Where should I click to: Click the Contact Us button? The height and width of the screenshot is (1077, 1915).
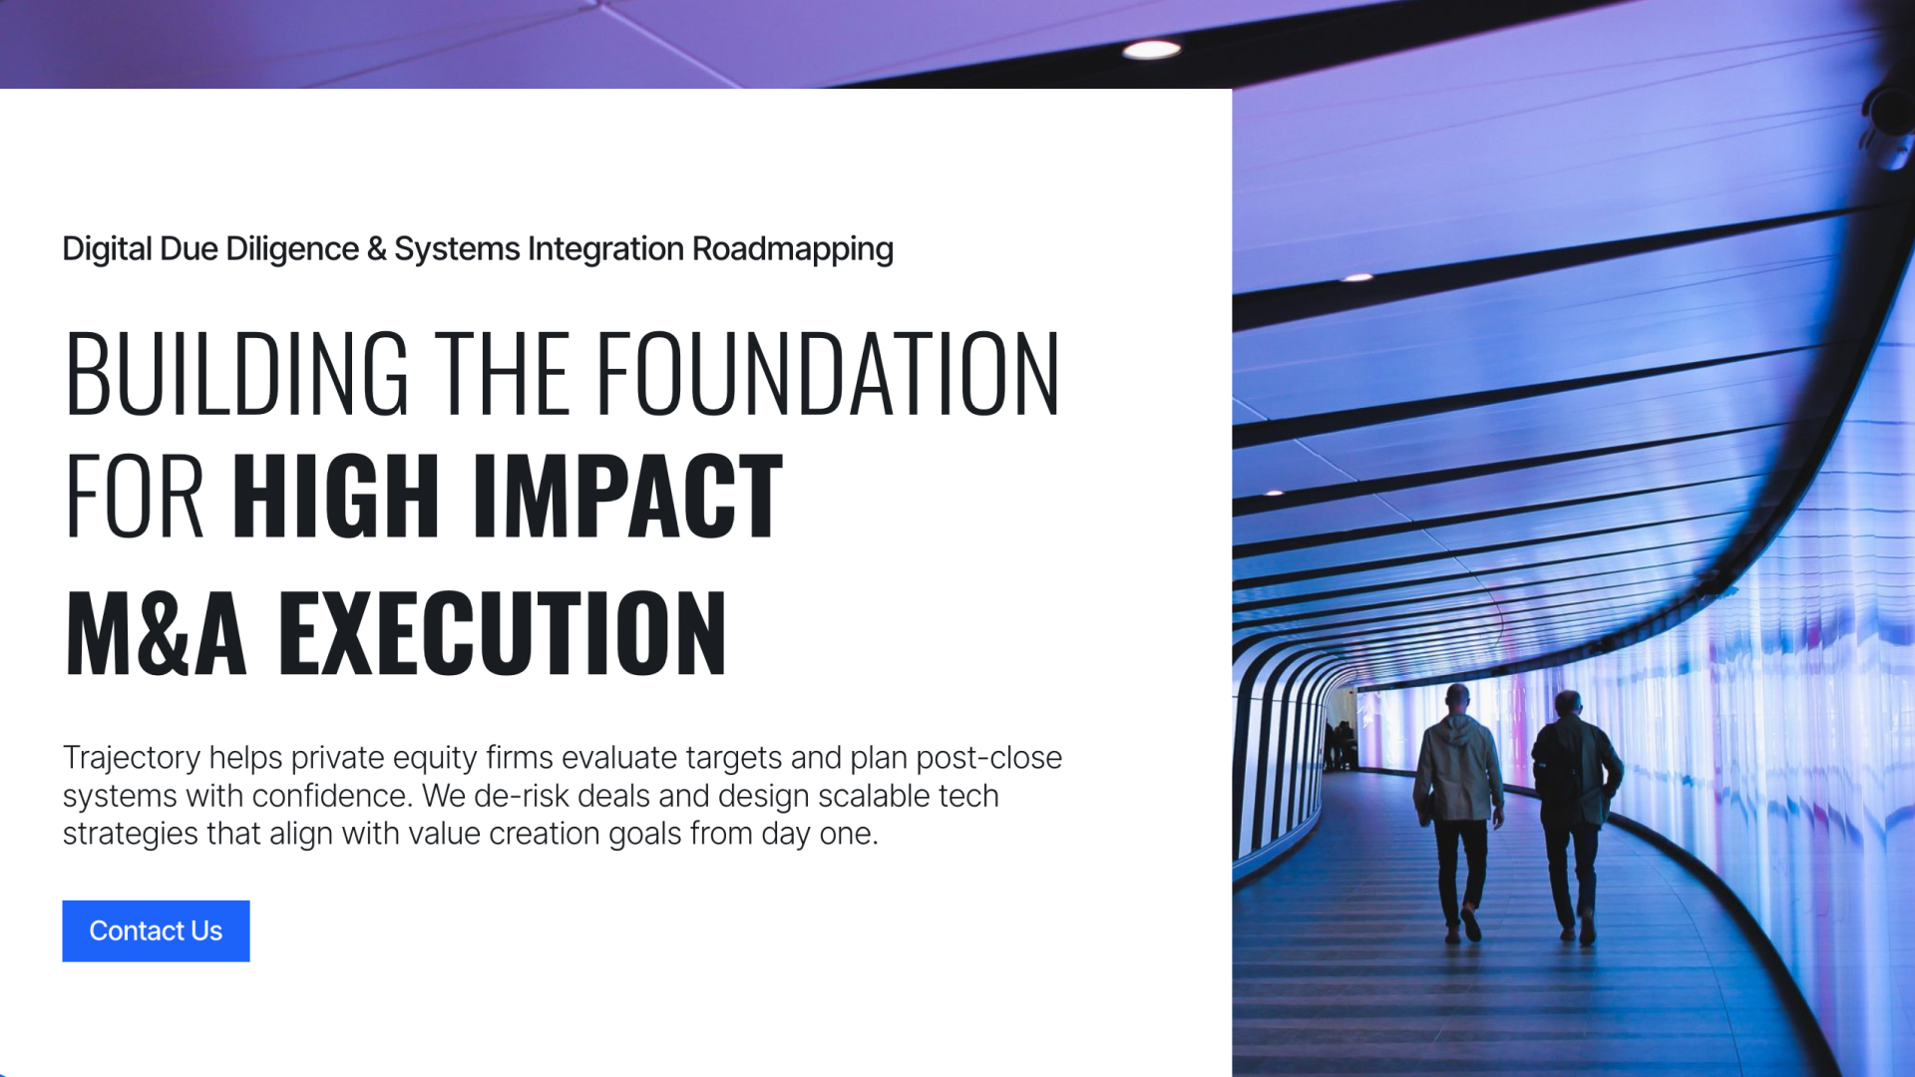(156, 930)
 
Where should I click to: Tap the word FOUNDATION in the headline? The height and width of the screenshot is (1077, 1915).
(828, 373)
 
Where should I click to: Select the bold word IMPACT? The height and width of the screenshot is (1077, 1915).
(628, 496)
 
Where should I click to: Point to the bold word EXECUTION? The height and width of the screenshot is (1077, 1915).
(503, 632)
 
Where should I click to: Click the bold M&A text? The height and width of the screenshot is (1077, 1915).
(156, 632)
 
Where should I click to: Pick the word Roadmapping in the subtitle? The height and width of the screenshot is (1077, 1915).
(793, 249)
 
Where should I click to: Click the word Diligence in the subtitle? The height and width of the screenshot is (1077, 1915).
(292, 249)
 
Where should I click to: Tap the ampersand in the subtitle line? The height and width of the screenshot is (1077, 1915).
(376, 249)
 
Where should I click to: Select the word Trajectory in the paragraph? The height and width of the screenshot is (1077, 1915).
(132, 758)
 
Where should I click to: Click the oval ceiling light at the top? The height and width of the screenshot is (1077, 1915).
(1152, 50)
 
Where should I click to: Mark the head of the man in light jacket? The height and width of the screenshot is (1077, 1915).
(1458, 697)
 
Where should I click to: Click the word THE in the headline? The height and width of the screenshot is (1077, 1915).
(503, 373)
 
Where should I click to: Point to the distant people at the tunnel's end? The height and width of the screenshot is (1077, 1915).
(1340, 745)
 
